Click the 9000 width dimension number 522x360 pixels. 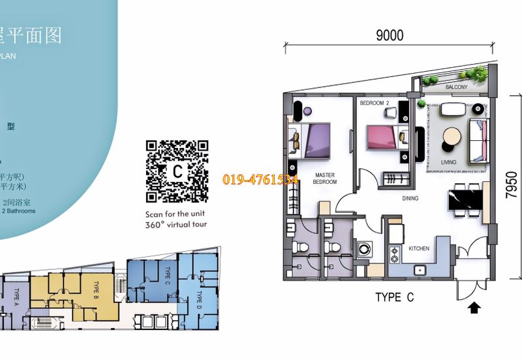click(x=390, y=35)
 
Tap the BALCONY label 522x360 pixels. click(x=456, y=87)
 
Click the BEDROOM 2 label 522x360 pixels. click(x=375, y=103)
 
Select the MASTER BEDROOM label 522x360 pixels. click(x=325, y=179)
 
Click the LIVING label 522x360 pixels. click(x=448, y=162)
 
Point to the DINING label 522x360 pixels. click(x=410, y=198)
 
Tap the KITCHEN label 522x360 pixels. click(x=418, y=249)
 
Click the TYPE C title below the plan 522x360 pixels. click(x=394, y=297)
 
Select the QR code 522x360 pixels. click(x=177, y=171)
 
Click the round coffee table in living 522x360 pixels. click(x=451, y=136)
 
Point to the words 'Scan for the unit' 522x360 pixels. click(x=177, y=214)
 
